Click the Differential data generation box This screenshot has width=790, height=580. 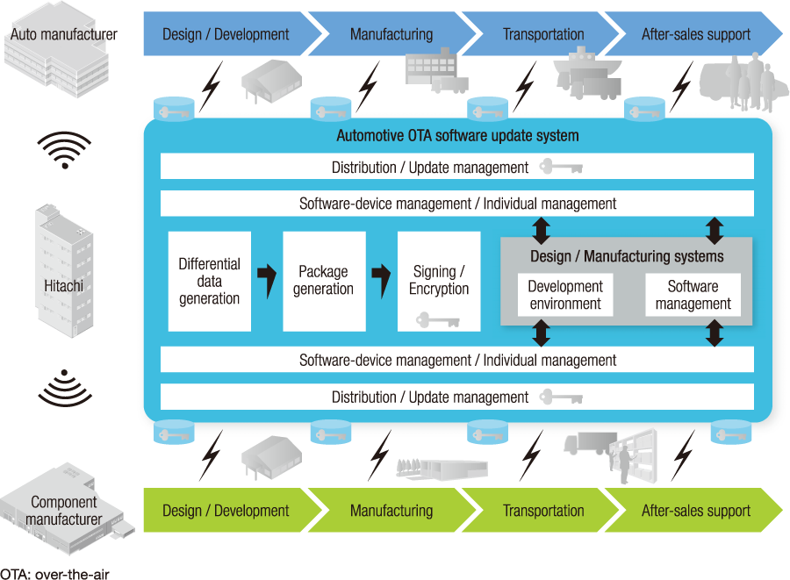point(209,281)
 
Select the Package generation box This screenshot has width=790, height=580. point(324,281)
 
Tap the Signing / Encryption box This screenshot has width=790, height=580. point(439,281)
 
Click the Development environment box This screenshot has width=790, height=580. point(565,296)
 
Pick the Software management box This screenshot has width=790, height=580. point(693,296)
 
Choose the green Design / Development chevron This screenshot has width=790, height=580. point(226,511)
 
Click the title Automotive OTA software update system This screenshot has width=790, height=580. point(457,136)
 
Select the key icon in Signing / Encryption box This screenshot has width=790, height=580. point(438,320)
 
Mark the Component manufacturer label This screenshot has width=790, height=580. point(64,511)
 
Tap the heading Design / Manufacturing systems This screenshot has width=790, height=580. point(627,256)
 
